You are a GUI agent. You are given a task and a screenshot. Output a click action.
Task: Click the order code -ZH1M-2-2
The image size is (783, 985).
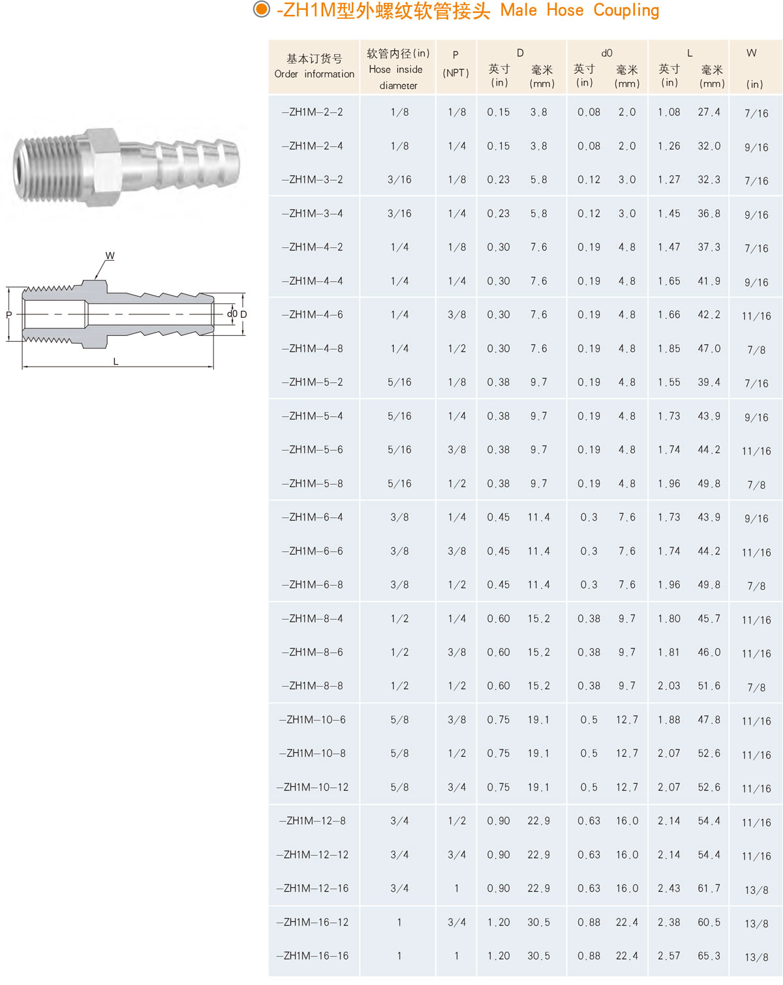(x=312, y=112)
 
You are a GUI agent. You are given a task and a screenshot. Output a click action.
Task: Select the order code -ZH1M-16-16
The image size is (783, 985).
(x=312, y=956)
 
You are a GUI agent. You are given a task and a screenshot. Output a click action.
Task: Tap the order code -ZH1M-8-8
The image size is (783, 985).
(x=312, y=686)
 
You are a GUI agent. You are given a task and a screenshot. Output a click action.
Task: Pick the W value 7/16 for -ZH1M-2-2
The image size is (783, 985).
(x=756, y=113)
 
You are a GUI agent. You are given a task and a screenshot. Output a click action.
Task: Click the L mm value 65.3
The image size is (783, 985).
(x=709, y=956)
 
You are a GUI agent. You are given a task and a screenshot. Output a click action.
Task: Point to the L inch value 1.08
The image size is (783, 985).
(x=669, y=112)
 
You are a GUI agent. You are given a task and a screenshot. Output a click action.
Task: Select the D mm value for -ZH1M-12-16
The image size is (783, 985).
(x=538, y=888)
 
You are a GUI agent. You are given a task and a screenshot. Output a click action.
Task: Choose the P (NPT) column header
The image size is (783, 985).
(x=455, y=64)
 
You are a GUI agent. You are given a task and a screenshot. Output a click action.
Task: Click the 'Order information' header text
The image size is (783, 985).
(x=314, y=74)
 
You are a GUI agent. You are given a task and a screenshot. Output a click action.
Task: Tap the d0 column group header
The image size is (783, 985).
(x=607, y=53)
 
